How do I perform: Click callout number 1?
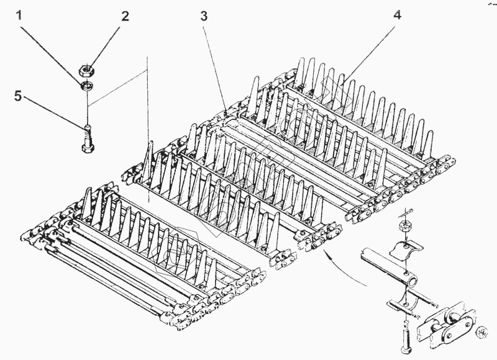pyautogui.click(x=21, y=16)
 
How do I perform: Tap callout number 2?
pyautogui.click(x=125, y=16)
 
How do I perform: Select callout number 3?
pyautogui.click(x=203, y=17)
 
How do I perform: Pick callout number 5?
pyautogui.click(x=18, y=96)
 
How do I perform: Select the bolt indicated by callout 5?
pyautogui.click(x=87, y=138)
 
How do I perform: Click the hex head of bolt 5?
pyautogui.click(x=87, y=148)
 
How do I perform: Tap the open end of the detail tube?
pyautogui.click(x=365, y=253)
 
